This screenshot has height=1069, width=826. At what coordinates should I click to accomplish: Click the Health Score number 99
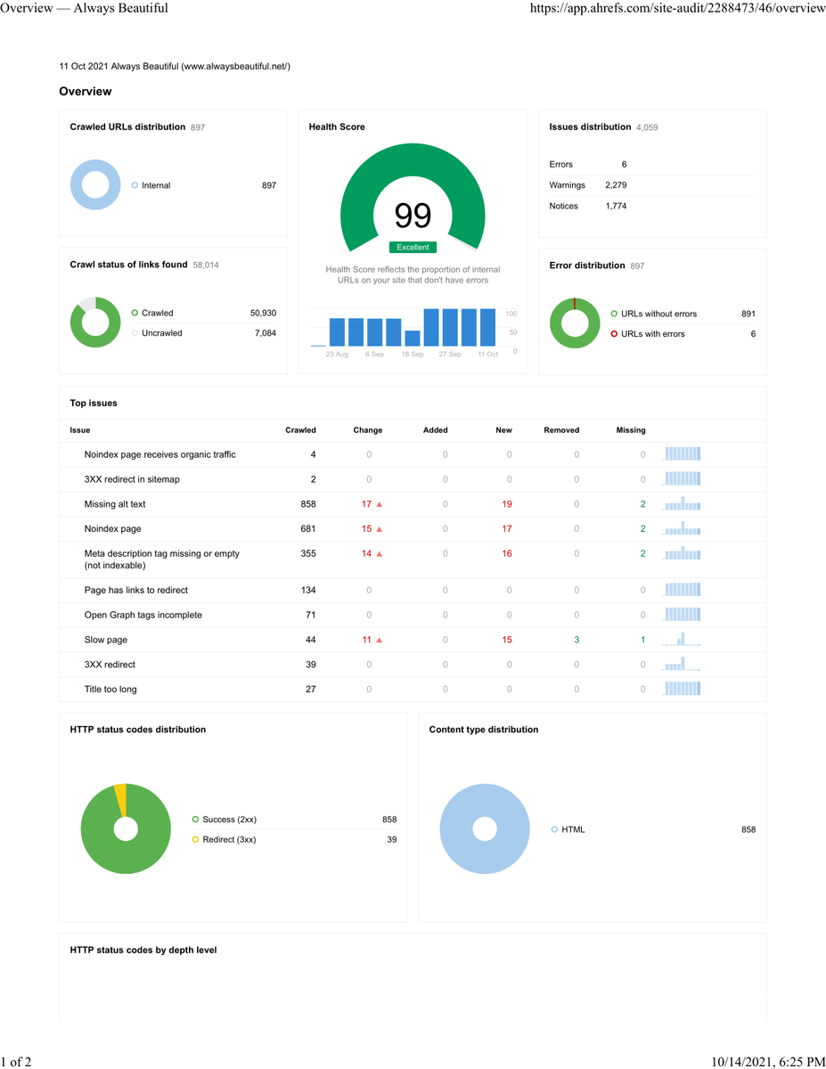[413, 216]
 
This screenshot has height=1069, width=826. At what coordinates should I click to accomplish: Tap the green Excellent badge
[413, 247]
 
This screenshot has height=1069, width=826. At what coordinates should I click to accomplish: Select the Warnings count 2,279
[616, 185]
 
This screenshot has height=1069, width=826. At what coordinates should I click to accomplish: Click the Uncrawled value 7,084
[266, 333]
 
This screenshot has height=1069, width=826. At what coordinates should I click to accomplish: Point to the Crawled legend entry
[152, 313]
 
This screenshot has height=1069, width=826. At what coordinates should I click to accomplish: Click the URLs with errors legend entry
[648, 333]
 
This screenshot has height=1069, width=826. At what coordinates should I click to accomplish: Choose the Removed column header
[561, 430]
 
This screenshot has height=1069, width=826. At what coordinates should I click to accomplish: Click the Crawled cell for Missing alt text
[308, 503]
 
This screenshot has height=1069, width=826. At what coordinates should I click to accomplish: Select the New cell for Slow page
[507, 640]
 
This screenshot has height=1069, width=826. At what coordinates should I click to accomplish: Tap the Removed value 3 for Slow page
[577, 640]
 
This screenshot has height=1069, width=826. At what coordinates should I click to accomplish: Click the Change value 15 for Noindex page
[366, 528]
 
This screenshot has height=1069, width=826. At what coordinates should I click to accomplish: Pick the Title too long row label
[110, 689]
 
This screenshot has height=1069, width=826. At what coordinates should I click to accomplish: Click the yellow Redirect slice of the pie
[121, 800]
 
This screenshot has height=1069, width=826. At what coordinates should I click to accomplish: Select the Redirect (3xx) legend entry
[224, 839]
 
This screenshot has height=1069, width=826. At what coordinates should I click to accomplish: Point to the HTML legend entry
[568, 829]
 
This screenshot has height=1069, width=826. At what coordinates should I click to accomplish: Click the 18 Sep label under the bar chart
[413, 355]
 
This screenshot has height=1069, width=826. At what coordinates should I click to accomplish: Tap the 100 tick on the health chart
[511, 314]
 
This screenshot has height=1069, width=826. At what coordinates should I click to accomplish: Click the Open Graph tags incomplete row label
[143, 615]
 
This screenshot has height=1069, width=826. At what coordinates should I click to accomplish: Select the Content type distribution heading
[484, 729]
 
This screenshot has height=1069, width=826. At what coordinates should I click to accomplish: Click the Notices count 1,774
[616, 206]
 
